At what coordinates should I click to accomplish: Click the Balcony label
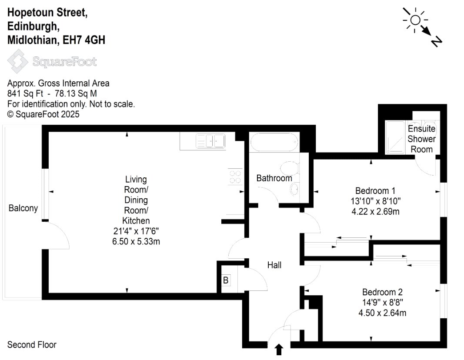pyautogui.click(x=23, y=208)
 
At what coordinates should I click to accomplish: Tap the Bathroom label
pyautogui.click(x=274, y=178)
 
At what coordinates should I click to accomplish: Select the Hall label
pyautogui.click(x=274, y=265)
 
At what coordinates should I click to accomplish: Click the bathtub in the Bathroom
pyautogui.click(x=274, y=142)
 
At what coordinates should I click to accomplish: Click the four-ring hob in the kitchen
pyautogui.click(x=235, y=177)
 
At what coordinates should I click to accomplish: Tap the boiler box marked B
pyautogui.click(x=226, y=280)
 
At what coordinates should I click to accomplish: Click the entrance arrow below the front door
pyautogui.click(x=279, y=350)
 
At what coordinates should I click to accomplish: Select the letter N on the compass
pyautogui.click(x=437, y=42)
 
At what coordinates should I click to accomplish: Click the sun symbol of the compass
pyautogui.click(x=415, y=20)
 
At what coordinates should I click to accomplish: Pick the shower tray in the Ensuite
pyautogui.click(x=395, y=137)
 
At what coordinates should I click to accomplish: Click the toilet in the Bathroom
pyautogui.click(x=290, y=168)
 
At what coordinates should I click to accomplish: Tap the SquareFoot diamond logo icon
pyautogui.click(x=18, y=61)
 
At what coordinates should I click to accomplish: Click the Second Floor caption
pyautogui.click(x=32, y=345)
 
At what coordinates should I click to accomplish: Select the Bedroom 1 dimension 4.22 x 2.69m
pyautogui.click(x=375, y=211)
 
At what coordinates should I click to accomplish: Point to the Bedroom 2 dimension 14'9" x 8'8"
pyautogui.click(x=383, y=302)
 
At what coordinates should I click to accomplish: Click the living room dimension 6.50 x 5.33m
pyautogui.click(x=136, y=241)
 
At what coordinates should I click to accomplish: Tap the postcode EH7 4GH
pyautogui.click(x=84, y=40)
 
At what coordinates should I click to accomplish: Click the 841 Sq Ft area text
pyautogui.click(x=25, y=94)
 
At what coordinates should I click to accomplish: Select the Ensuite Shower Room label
pyautogui.click(x=422, y=139)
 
